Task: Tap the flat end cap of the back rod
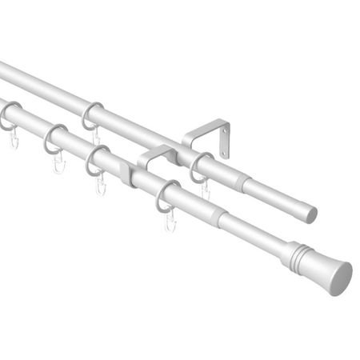click(x=310, y=214)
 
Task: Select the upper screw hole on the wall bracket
click(x=224, y=130)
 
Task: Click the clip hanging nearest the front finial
click(x=169, y=220)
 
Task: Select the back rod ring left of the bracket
click(x=92, y=116)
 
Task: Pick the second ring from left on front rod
click(x=55, y=138)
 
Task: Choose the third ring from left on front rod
click(x=98, y=160)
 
